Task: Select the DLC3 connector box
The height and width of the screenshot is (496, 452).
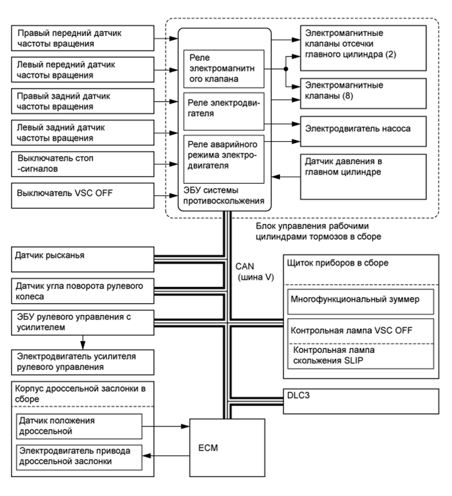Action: (361, 403)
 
